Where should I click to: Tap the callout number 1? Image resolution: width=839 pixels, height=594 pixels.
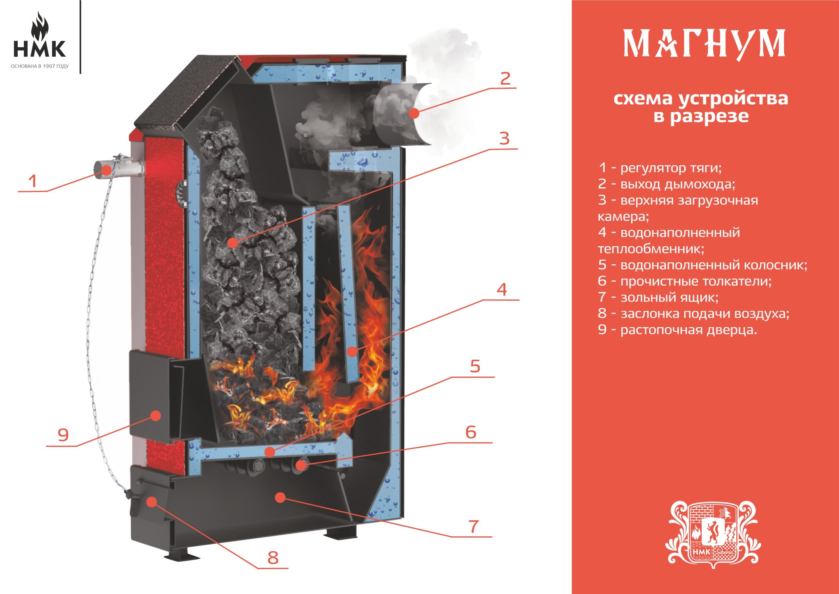point(33,181)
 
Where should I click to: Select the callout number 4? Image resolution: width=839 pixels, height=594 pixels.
point(502,290)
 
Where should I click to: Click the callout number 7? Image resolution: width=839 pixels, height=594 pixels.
point(474,527)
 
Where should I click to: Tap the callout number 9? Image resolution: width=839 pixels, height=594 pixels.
point(63,435)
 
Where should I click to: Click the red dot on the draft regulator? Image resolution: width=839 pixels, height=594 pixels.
point(107,170)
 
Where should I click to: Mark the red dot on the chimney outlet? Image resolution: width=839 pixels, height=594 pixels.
point(414,114)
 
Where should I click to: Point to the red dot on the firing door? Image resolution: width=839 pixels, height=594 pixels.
point(156,416)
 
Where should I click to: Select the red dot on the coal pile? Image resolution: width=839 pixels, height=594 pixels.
point(232,242)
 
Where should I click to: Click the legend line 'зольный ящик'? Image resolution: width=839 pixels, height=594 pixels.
point(658,297)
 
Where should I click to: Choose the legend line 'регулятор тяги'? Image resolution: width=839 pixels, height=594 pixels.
point(660,168)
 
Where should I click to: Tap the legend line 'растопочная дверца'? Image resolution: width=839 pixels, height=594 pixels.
point(677,330)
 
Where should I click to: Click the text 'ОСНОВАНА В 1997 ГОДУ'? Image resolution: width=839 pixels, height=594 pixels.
point(40,67)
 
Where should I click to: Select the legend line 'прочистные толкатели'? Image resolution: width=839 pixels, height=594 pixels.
point(685,281)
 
